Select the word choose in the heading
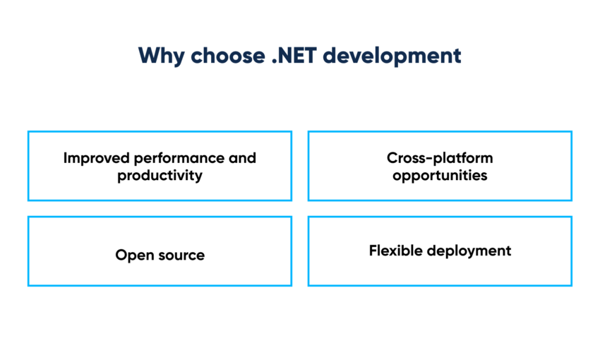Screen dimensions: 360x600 click(224, 56)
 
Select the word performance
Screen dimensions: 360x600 click(177, 157)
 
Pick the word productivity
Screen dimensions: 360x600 click(160, 175)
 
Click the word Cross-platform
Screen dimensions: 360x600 click(440, 157)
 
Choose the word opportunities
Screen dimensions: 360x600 click(440, 175)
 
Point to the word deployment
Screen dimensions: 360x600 click(472, 251)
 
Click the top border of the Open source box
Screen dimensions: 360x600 click(160, 217)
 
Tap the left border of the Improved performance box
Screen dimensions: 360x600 click(28, 166)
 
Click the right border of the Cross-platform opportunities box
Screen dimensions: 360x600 click(571, 166)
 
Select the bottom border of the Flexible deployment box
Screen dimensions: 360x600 click(440, 285)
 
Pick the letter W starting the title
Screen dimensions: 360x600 click(147, 56)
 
